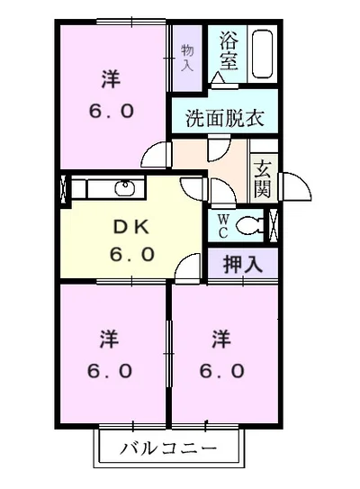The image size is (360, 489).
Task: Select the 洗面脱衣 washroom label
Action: click(224, 118)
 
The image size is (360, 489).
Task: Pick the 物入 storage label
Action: click(187, 57)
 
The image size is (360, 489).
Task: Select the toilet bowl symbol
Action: click(256, 224)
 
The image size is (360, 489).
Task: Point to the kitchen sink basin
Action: click(124, 188)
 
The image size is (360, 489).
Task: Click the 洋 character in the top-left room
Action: click(111, 80)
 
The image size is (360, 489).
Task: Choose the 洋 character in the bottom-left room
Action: click(111, 340)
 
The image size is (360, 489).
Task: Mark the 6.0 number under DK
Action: click(132, 255)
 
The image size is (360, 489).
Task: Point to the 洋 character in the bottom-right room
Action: click(221, 340)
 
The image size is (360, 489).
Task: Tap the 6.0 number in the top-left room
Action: click(111, 112)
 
